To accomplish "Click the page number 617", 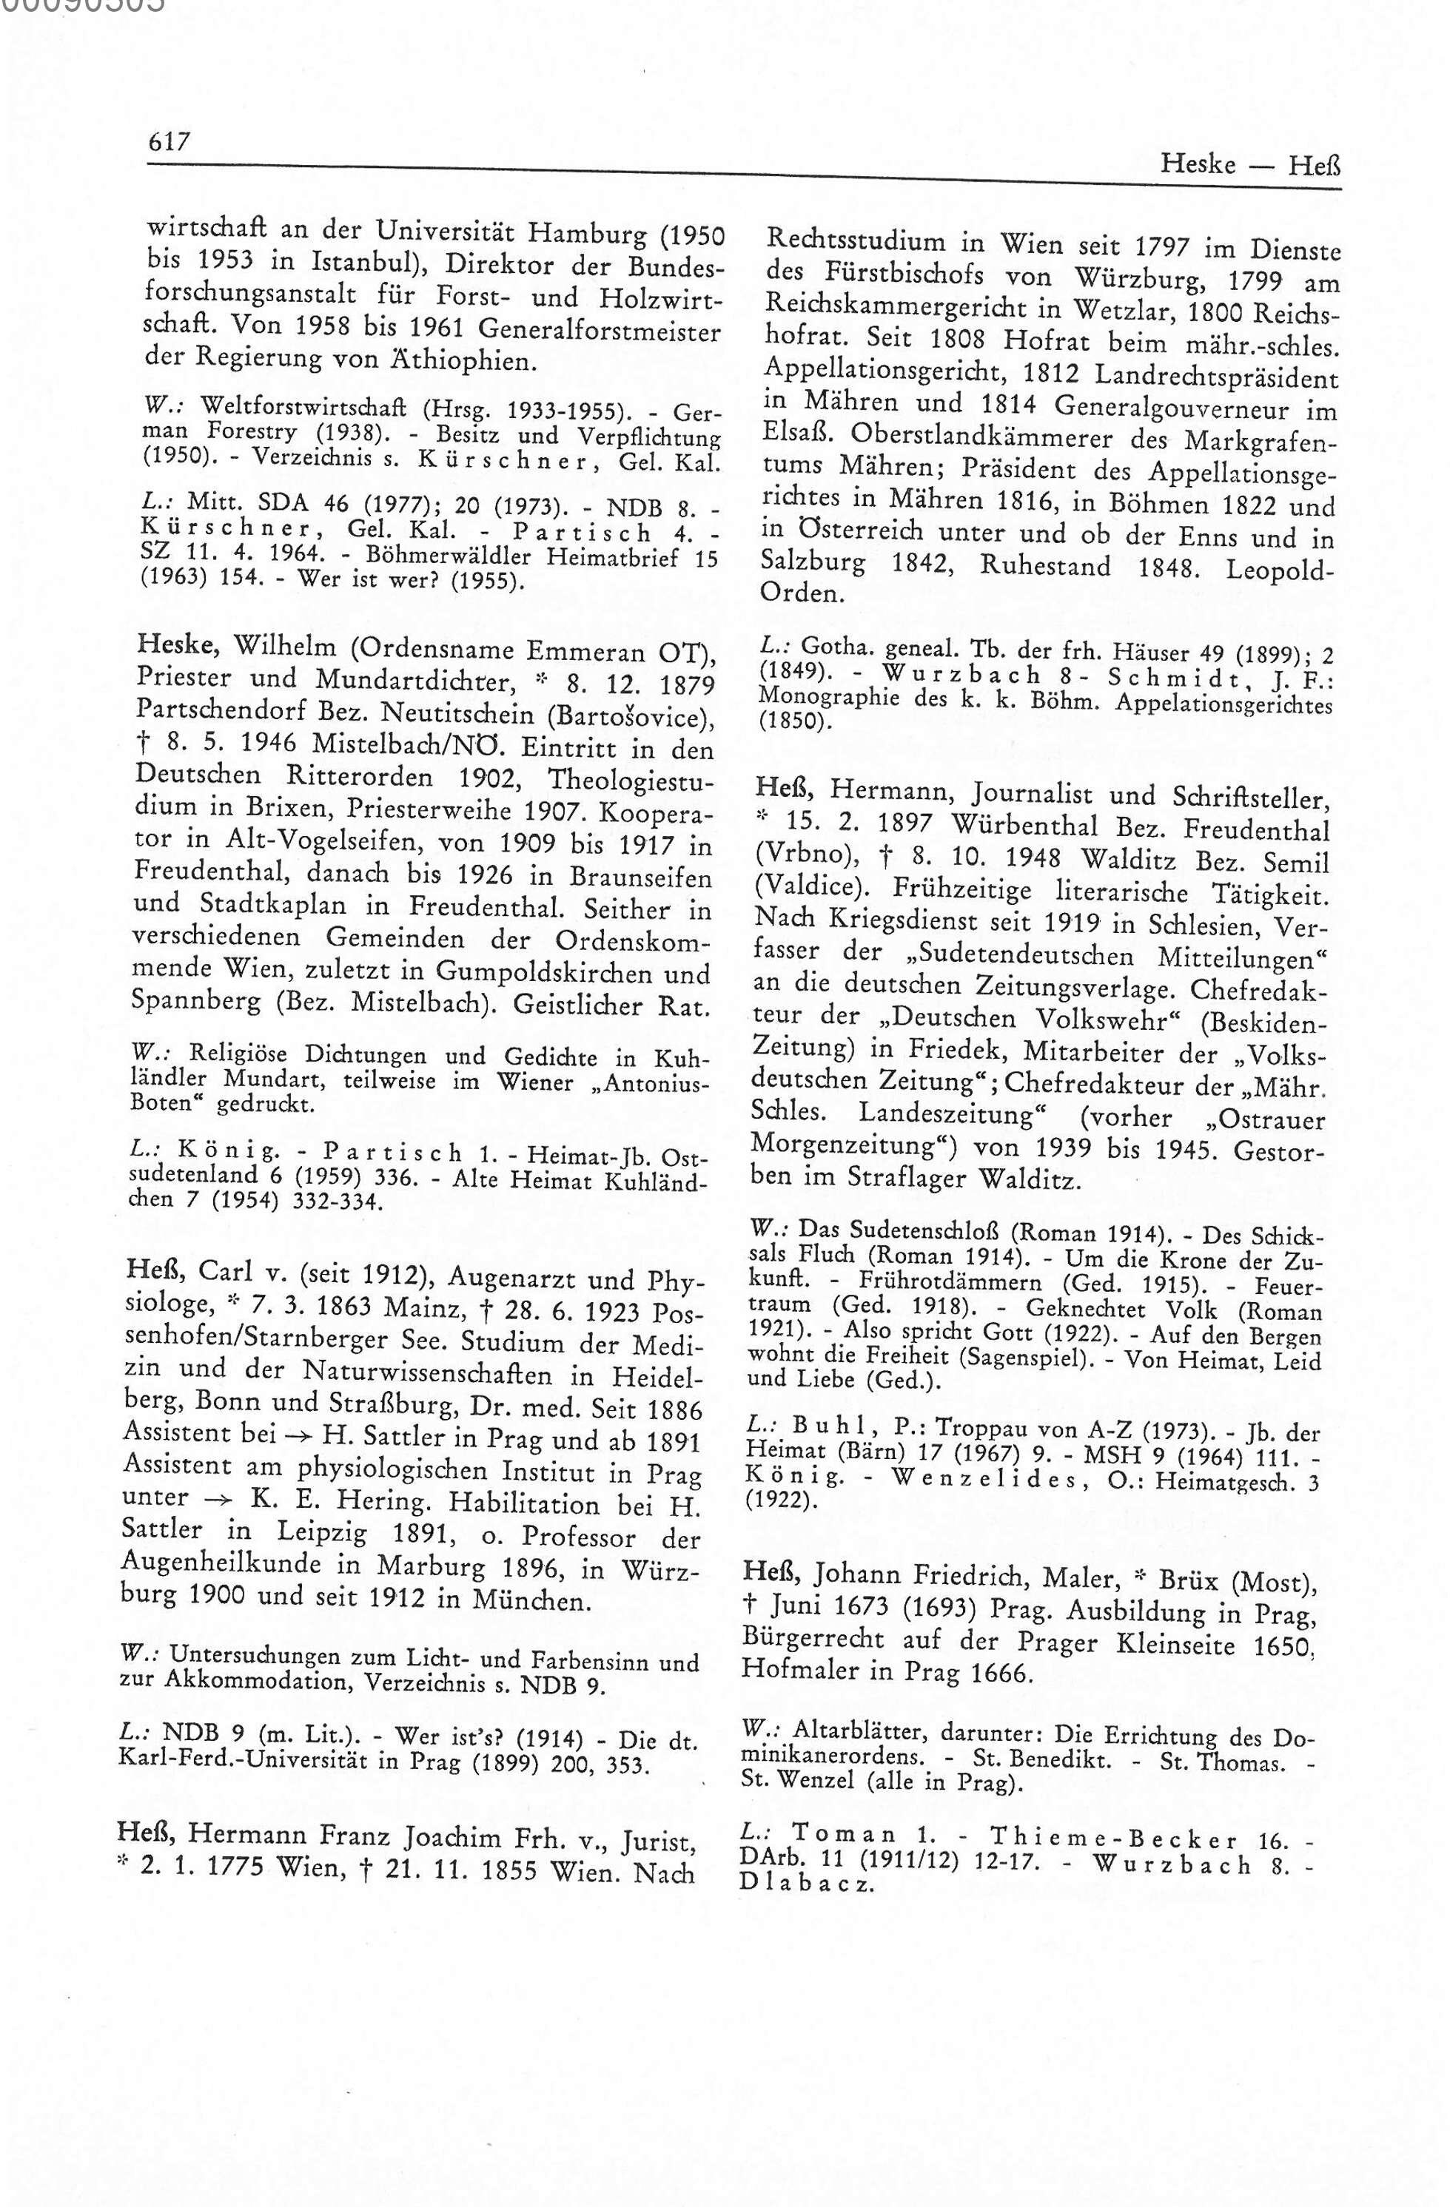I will click(169, 141).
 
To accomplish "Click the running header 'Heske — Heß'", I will click(1249, 166).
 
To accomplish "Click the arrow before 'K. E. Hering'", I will click(212, 1500).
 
